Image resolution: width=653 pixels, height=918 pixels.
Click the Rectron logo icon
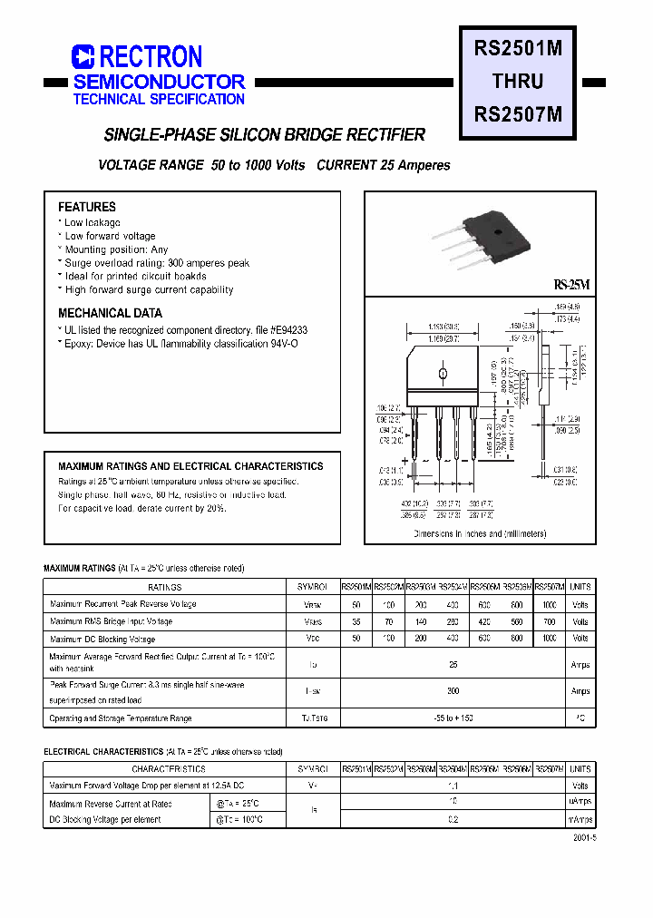(x=83, y=57)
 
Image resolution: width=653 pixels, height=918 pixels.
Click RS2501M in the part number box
(x=518, y=50)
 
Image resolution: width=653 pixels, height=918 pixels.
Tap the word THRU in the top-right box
(x=518, y=82)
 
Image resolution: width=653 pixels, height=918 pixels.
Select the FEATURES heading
(x=87, y=207)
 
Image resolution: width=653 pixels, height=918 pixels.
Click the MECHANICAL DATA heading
(x=110, y=313)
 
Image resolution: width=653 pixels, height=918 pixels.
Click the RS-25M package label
(x=571, y=285)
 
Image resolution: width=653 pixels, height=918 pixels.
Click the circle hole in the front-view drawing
(x=443, y=374)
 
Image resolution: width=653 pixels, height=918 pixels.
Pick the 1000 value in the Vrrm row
(x=550, y=604)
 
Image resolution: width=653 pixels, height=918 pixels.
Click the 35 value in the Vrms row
(x=356, y=622)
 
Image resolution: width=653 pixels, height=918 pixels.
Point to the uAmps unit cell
(x=580, y=803)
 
